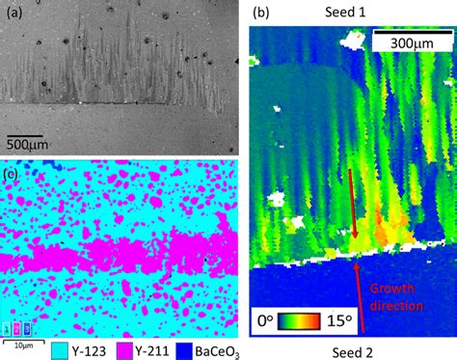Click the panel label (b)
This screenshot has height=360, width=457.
[261, 13]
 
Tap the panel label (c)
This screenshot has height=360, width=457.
[13, 175]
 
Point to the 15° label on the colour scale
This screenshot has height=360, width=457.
[424, 318]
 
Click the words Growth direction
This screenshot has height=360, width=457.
[396, 296]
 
